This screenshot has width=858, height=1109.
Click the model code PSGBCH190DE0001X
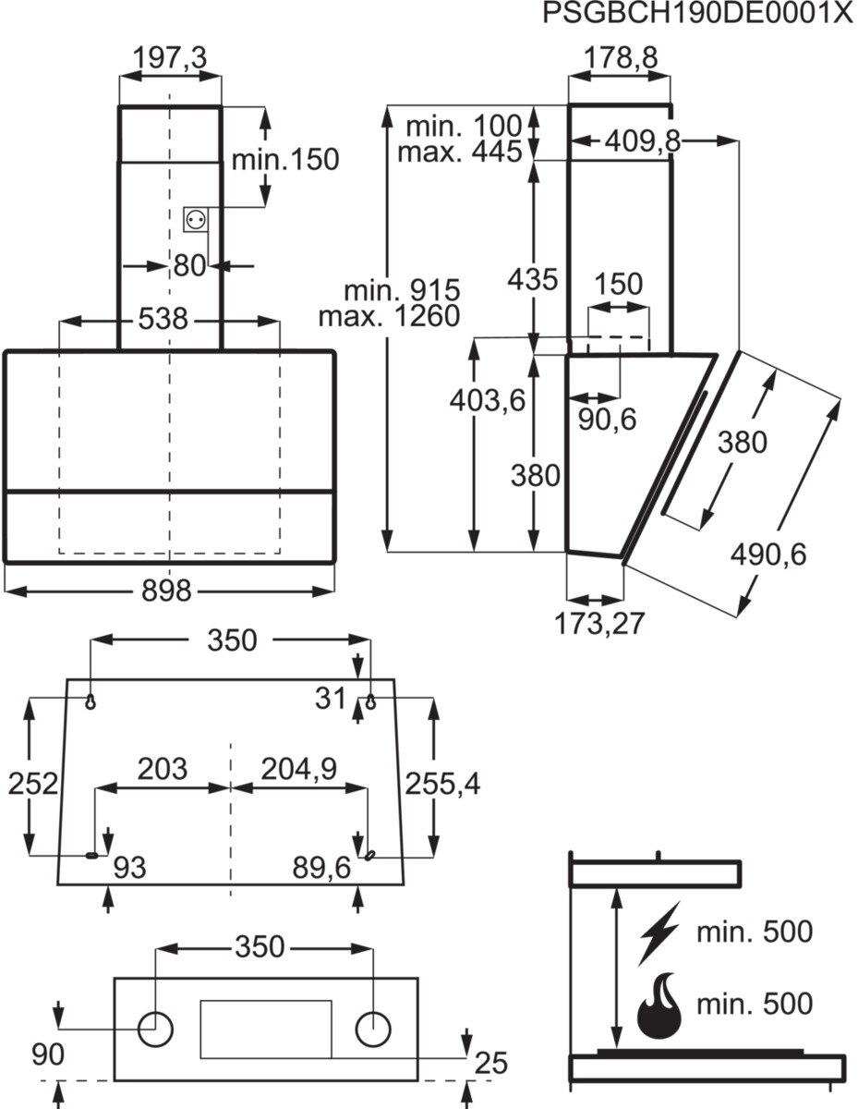[x=697, y=15]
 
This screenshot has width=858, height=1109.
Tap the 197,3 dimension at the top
[x=170, y=58]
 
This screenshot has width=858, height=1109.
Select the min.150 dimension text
[x=285, y=159]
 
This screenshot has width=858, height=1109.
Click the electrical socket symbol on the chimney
[x=196, y=219]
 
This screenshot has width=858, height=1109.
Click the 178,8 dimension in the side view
[x=621, y=58]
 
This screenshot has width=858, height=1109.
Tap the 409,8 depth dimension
[x=644, y=141]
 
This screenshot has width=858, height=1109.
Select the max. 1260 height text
[x=389, y=316]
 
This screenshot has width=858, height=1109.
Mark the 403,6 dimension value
[x=487, y=400]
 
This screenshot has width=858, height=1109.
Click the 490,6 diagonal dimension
[x=768, y=554]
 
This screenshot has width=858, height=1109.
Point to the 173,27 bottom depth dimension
[x=599, y=624]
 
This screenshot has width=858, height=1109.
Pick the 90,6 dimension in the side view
[x=608, y=419]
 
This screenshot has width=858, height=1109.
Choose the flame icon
[x=659, y=1004]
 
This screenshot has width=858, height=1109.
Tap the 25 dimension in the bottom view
[x=490, y=1063]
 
